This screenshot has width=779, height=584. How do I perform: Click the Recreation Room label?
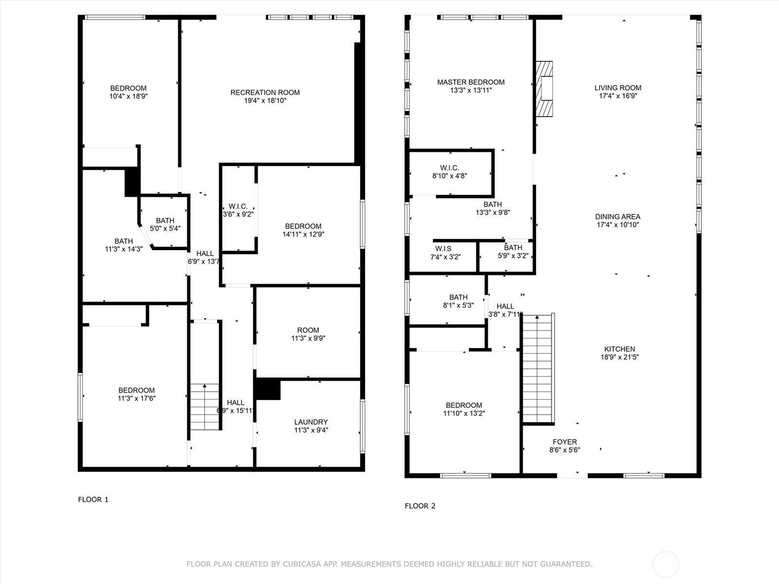pos(265,92)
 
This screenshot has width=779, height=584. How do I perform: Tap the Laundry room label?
pos(311,422)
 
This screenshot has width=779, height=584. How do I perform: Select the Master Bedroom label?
pos(471,82)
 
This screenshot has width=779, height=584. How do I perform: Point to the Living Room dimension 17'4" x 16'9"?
pos(618,96)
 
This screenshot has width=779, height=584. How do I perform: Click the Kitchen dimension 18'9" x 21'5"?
pos(620,357)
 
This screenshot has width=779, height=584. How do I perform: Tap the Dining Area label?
pos(618,217)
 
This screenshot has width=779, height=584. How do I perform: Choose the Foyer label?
pos(565,442)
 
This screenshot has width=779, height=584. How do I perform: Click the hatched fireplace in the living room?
pos(544,89)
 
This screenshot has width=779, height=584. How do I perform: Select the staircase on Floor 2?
pos(538,368)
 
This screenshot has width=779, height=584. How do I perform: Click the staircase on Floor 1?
pos(205,407)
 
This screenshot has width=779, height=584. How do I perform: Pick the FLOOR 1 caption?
pos(93,500)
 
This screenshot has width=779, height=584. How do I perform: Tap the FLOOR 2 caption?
pos(420,506)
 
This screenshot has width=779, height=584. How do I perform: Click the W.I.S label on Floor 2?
pos(443,249)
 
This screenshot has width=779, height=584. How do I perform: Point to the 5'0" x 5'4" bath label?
pos(165,228)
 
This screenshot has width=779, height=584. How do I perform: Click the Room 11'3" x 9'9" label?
pos(308,334)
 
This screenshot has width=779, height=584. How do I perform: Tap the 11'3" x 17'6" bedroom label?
pos(137,394)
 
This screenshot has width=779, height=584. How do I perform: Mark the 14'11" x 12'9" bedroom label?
pos(303,230)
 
